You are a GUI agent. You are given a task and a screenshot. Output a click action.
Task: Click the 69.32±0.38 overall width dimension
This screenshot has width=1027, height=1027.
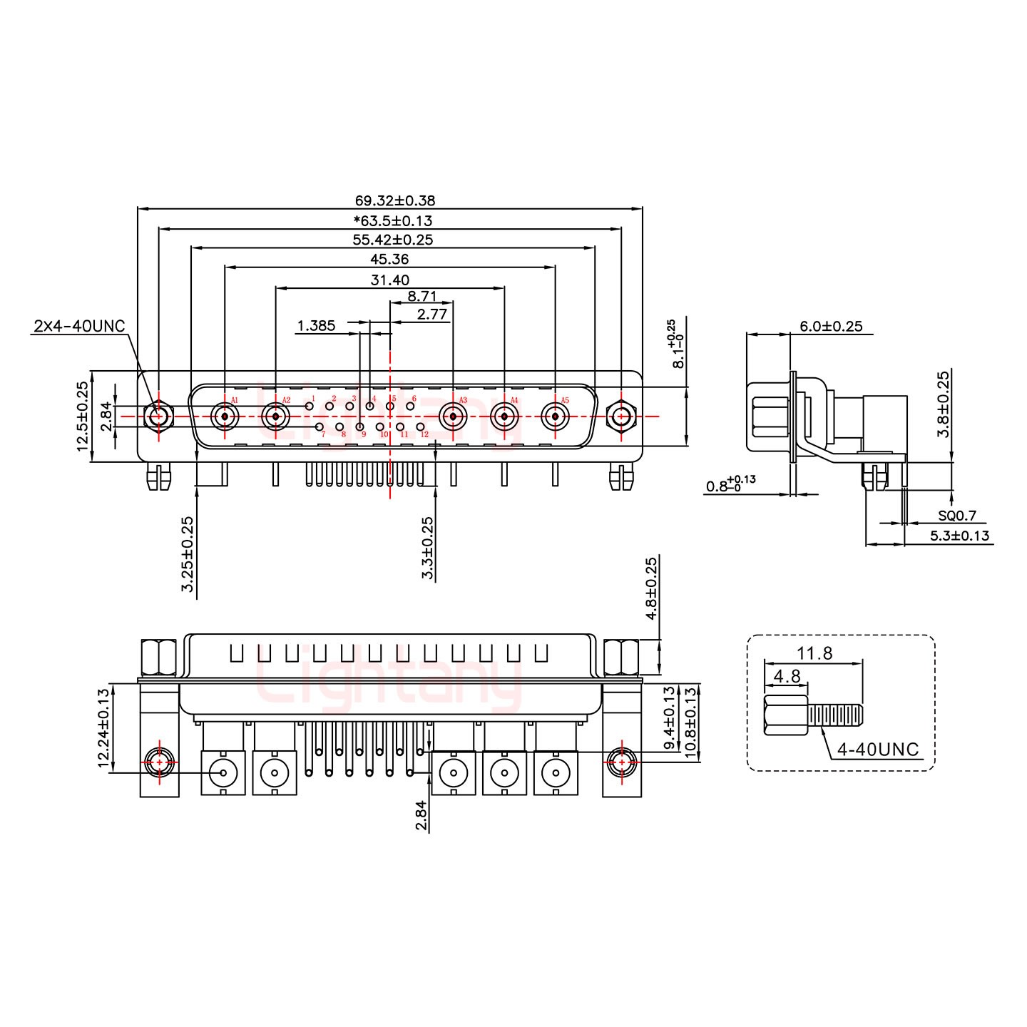(x=394, y=201)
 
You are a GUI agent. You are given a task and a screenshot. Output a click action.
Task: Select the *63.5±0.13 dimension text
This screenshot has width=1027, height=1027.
(x=392, y=220)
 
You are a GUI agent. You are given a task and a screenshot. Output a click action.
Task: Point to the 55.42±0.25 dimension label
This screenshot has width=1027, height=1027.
(x=392, y=240)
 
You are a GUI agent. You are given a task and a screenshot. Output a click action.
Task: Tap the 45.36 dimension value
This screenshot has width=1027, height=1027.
(x=389, y=260)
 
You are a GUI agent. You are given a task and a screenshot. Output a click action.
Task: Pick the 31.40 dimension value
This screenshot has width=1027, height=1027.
(x=389, y=280)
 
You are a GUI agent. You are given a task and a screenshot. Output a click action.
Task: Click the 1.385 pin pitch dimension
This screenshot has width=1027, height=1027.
(x=316, y=326)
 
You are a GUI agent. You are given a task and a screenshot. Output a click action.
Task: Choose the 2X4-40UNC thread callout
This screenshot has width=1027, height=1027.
(x=79, y=326)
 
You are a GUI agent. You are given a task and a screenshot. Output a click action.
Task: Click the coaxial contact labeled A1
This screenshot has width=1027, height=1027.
(x=225, y=415)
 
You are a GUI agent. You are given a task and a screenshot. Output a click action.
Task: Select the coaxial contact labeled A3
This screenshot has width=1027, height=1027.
(x=452, y=415)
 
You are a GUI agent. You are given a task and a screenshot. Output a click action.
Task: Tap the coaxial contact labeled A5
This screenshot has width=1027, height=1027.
(x=554, y=415)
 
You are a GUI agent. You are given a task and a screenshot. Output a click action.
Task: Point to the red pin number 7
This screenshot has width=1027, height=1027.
(x=323, y=434)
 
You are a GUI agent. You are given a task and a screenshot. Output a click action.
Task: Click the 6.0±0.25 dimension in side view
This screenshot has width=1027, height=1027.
(x=831, y=327)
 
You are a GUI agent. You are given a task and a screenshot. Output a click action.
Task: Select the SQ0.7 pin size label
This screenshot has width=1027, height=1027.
(x=957, y=516)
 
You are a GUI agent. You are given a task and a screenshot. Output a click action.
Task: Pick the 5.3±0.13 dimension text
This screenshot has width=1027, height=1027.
(x=960, y=536)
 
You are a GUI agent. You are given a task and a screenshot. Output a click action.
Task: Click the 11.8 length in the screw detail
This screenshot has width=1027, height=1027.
(x=814, y=653)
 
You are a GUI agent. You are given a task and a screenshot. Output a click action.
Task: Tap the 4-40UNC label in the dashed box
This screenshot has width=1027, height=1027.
(x=878, y=750)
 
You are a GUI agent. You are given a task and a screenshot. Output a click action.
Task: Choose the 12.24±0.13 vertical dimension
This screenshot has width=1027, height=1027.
(x=103, y=727)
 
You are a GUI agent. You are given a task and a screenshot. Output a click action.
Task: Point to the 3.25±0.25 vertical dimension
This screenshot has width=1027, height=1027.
(x=188, y=554)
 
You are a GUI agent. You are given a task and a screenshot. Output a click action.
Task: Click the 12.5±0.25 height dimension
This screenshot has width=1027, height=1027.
(x=83, y=417)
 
